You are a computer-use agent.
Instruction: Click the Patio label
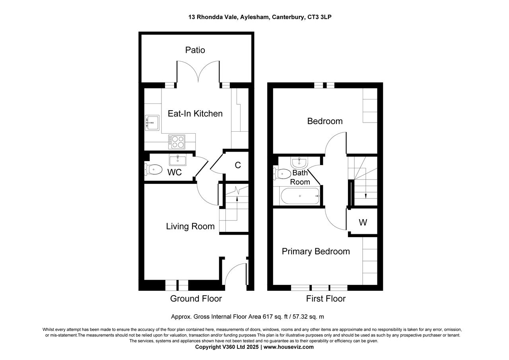click(x=195, y=50)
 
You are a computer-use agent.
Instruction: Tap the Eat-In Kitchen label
click(x=195, y=114)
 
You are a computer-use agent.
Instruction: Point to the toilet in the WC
click(x=153, y=170)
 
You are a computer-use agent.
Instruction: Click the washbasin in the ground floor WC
click(x=177, y=160)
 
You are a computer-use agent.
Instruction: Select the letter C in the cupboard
click(x=237, y=165)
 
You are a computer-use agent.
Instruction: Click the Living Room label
click(x=190, y=226)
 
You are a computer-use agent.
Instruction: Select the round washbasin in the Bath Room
click(x=299, y=162)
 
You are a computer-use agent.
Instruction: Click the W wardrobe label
click(x=363, y=223)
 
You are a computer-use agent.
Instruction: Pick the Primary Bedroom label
click(x=316, y=251)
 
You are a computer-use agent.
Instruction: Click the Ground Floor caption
click(x=196, y=299)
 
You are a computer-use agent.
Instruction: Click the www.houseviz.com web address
click(x=288, y=347)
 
